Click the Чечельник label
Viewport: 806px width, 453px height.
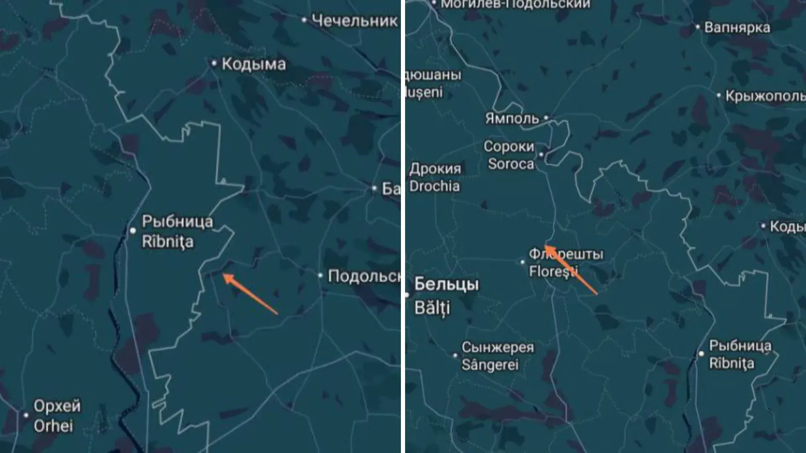point(354,21)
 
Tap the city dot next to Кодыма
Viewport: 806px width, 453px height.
point(214,63)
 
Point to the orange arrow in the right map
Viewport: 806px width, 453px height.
point(571,270)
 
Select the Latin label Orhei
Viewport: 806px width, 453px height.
point(53,426)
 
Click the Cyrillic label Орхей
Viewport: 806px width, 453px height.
point(57,406)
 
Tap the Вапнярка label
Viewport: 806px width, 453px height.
point(737,28)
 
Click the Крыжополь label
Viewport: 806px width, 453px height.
point(765,96)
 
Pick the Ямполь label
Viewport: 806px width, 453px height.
point(512,119)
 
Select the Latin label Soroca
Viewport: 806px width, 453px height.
point(511,164)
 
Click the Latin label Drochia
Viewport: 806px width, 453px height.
point(434,186)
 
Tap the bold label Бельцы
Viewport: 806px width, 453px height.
point(447,284)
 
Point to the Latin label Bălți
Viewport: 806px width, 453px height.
point(432,307)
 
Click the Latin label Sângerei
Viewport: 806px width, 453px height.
point(490,365)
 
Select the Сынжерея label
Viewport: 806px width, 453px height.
point(498,347)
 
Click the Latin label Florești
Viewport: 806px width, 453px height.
point(553,271)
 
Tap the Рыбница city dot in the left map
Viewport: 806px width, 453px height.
point(133,230)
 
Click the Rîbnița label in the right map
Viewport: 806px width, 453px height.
point(732,363)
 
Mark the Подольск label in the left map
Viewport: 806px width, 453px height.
point(364,276)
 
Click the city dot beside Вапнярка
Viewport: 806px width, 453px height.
point(698,27)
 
